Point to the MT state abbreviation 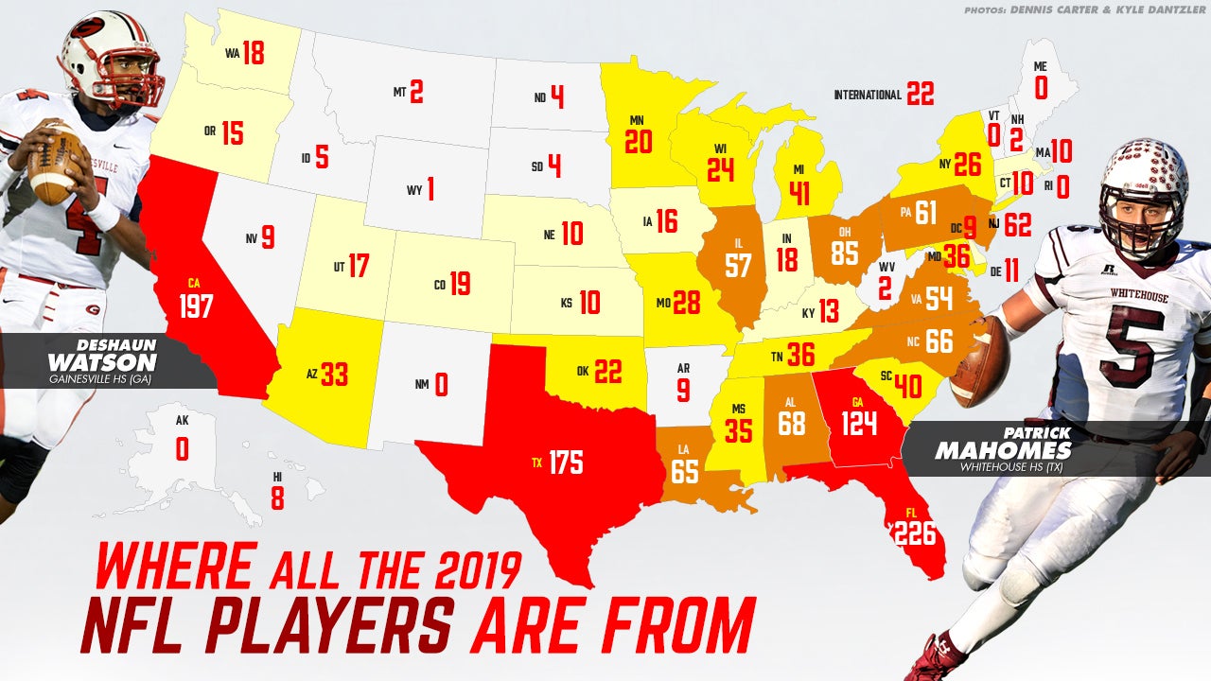pos(399,93)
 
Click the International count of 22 pos(920,94)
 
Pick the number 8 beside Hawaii pos(277,498)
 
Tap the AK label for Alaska pos(182,423)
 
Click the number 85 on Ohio pos(846,253)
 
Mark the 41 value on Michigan pos(799,194)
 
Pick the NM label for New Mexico pos(421,384)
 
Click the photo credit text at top pos(1085,10)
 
